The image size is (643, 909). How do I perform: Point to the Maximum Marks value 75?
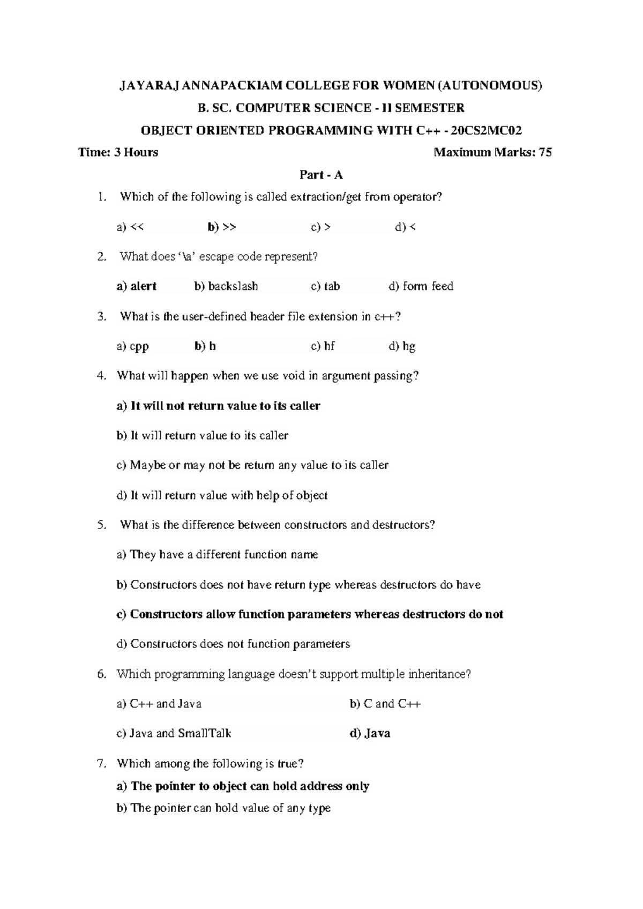545,152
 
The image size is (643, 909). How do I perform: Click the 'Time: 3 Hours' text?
118,152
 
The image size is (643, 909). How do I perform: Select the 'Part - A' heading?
321,175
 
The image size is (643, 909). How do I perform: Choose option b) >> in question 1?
222,227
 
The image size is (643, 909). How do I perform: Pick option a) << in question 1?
130,227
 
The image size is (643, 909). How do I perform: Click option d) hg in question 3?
402,346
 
